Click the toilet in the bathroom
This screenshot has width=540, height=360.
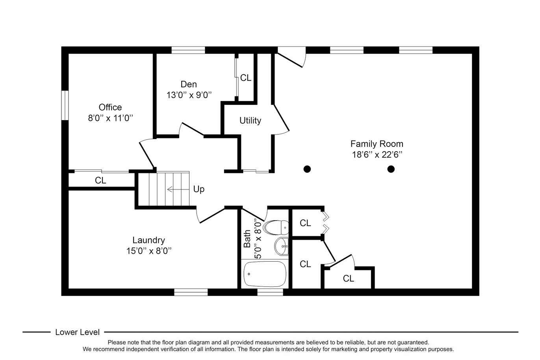coord(276,227)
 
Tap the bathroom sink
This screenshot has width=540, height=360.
coord(281,246)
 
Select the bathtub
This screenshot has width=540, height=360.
coord(265,274)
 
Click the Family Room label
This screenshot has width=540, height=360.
coord(377,144)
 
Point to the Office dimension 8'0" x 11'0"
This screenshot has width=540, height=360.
coord(110,118)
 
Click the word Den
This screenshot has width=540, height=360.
coord(189,84)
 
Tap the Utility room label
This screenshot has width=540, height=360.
coord(250,120)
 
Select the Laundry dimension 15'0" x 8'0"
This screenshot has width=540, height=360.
coord(149,251)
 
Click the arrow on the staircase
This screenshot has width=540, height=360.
coord(178,189)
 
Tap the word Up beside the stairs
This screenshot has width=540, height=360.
coord(199,189)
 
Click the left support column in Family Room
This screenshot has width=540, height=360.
coord(307,169)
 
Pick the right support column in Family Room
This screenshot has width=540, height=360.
coord(391,169)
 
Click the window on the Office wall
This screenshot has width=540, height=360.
coord(65,105)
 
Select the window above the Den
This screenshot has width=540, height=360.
coord(188,50)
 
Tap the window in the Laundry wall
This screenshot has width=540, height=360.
coord(191,292)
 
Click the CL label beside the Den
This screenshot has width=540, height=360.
coord(246,78)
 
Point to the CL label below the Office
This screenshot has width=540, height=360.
coord(100,180)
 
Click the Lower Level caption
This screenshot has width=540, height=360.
coord(77,332)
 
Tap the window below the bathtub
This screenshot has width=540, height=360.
coord(270,292)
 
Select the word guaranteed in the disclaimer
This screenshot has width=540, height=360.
coord(413,342)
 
